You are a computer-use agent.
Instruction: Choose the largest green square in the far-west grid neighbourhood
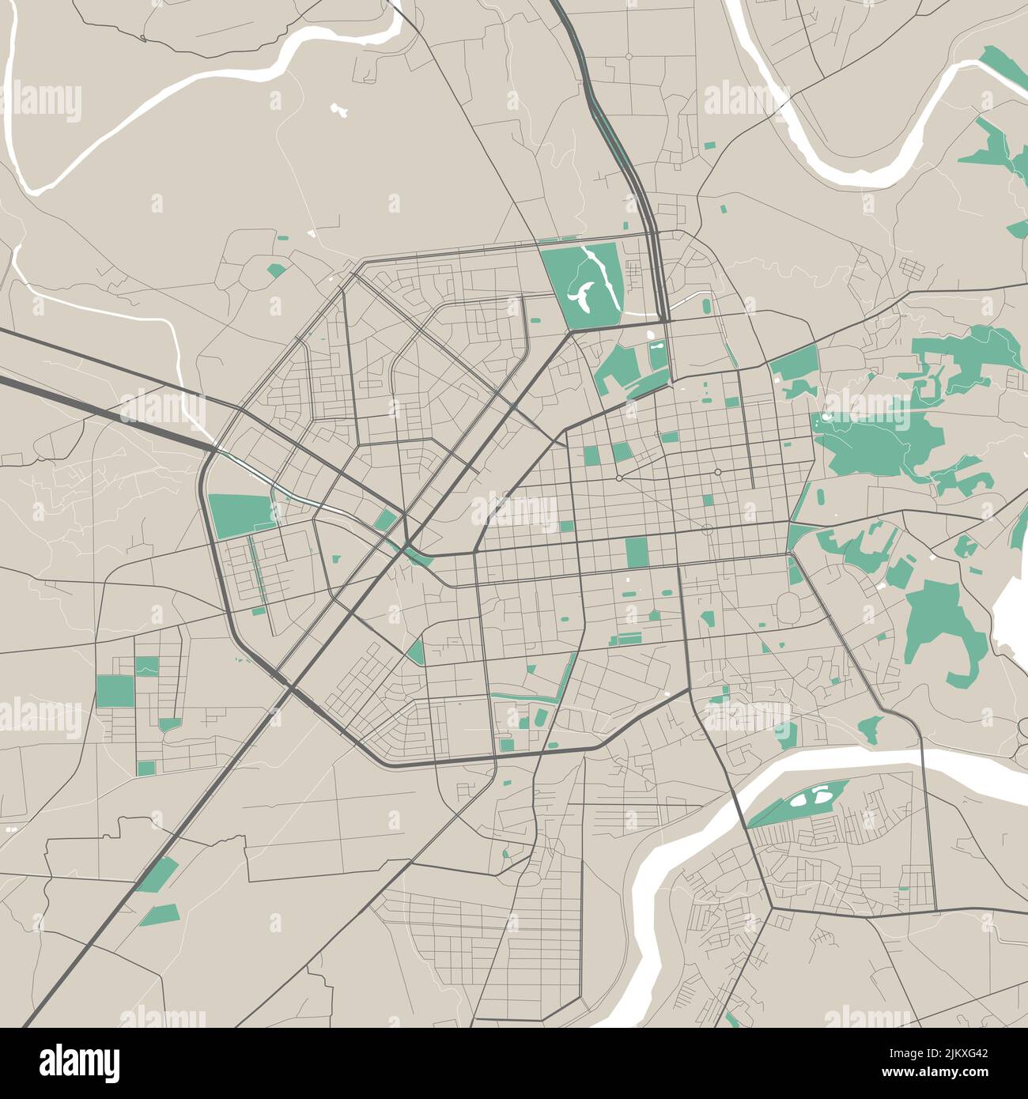tap(115, 691)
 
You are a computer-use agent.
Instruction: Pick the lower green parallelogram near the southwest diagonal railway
tap(161, 915)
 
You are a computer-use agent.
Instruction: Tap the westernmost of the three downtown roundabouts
tap(618, 478)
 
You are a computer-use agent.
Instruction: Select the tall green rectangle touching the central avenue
tap(636, 553)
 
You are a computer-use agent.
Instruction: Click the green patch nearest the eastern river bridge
tap(871, 728)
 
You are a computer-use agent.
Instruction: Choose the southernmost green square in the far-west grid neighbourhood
tap(146, 768)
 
